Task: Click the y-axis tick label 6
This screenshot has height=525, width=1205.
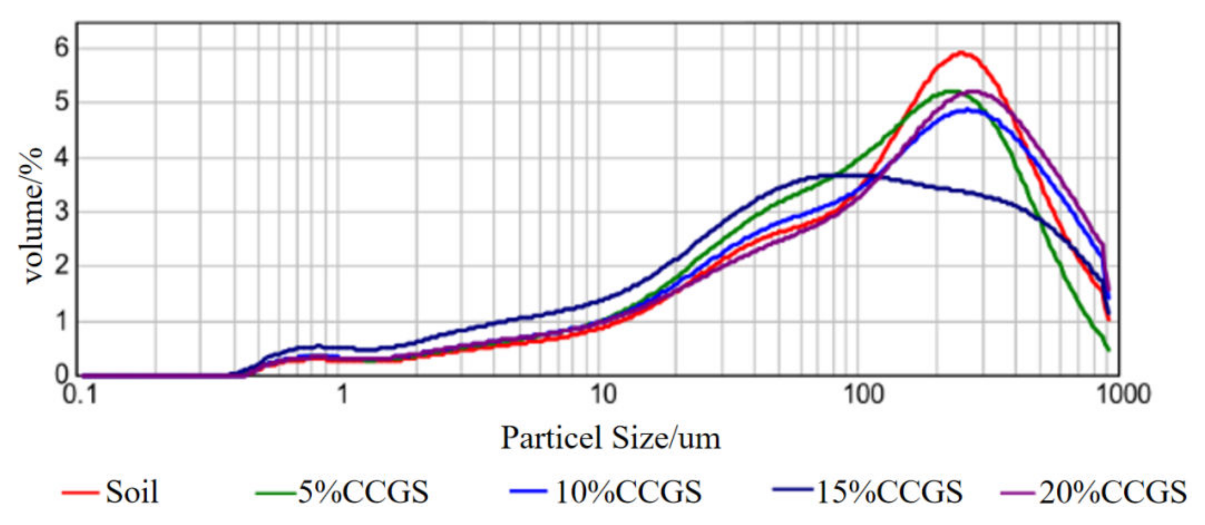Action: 62,47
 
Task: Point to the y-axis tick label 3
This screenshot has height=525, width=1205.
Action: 62,211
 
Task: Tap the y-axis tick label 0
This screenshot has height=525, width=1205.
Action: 62,375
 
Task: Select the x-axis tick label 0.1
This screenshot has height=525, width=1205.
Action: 80,395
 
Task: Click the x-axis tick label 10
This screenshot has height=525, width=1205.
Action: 603,395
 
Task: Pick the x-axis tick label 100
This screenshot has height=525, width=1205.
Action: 864,395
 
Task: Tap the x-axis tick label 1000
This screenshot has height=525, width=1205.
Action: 1123,395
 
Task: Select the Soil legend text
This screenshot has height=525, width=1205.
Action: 132,492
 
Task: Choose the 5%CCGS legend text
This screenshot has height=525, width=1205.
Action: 363,492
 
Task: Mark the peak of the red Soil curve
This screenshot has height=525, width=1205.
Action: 962,52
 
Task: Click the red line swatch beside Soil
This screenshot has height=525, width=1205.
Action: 80,493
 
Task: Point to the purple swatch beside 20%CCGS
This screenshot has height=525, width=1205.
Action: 1018,493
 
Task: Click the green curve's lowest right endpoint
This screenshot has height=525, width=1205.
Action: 1109,350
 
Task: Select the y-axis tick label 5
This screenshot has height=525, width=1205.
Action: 62,102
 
